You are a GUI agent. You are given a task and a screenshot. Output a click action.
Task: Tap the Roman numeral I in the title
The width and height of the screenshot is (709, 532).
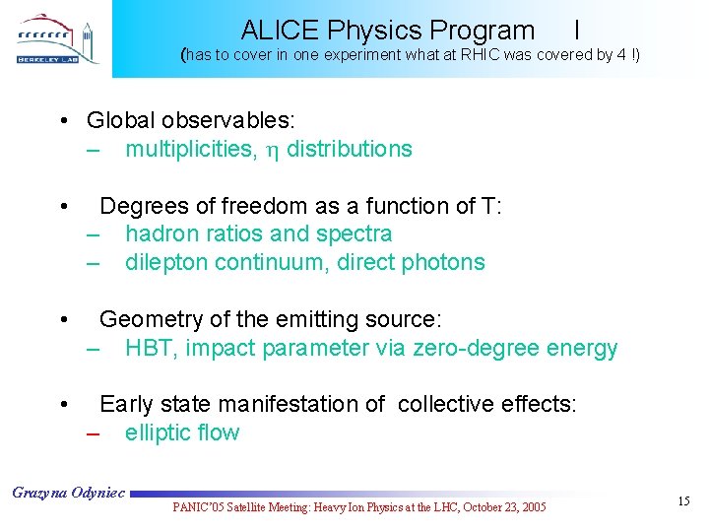(576, 31)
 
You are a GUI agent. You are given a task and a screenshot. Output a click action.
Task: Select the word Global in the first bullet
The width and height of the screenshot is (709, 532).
(119, 120)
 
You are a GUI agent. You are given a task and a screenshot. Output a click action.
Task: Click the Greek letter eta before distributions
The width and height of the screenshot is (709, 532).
(271, 150)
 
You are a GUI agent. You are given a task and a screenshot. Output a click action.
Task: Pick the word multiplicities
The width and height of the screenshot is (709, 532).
(187, 149)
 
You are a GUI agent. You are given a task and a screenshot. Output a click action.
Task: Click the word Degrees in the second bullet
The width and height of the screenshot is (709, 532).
(139, 206)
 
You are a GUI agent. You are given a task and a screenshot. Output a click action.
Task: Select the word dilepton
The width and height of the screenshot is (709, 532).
(164, 262)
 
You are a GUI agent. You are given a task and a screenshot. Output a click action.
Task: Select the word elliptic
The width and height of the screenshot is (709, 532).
(158, 432)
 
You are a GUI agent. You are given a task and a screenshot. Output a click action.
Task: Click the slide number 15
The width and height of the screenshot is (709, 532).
(683, 502)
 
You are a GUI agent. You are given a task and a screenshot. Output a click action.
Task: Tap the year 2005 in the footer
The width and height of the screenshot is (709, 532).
(529, 507)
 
